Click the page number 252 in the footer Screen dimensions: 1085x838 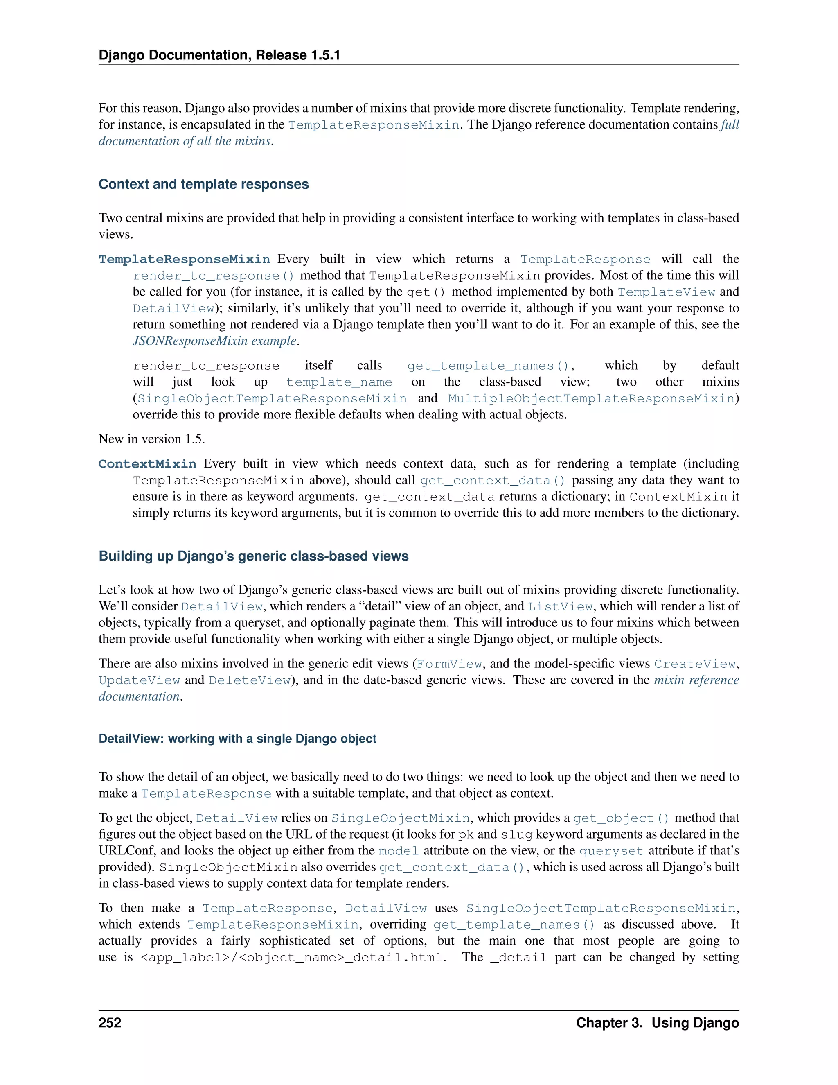coord(110,1023)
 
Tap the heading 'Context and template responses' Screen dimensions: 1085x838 coord(203,184)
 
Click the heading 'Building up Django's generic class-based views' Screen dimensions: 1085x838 coord(253,556)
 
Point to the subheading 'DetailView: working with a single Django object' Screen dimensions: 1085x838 coord(237,739)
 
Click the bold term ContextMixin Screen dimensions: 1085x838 coord(147,464)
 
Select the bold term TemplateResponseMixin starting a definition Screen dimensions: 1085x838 coord(184,259)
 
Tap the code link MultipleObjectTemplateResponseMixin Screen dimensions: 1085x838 coord(591,399)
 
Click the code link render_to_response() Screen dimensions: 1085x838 coord(214,276)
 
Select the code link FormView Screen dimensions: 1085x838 coord(449,664)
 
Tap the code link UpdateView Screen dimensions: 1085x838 coord(139,680)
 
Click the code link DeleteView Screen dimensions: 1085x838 coord(249,680)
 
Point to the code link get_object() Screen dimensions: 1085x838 coord(621,818)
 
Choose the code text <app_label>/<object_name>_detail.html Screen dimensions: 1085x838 coord(291,957)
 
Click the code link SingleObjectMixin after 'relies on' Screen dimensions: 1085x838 coord(400,818)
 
